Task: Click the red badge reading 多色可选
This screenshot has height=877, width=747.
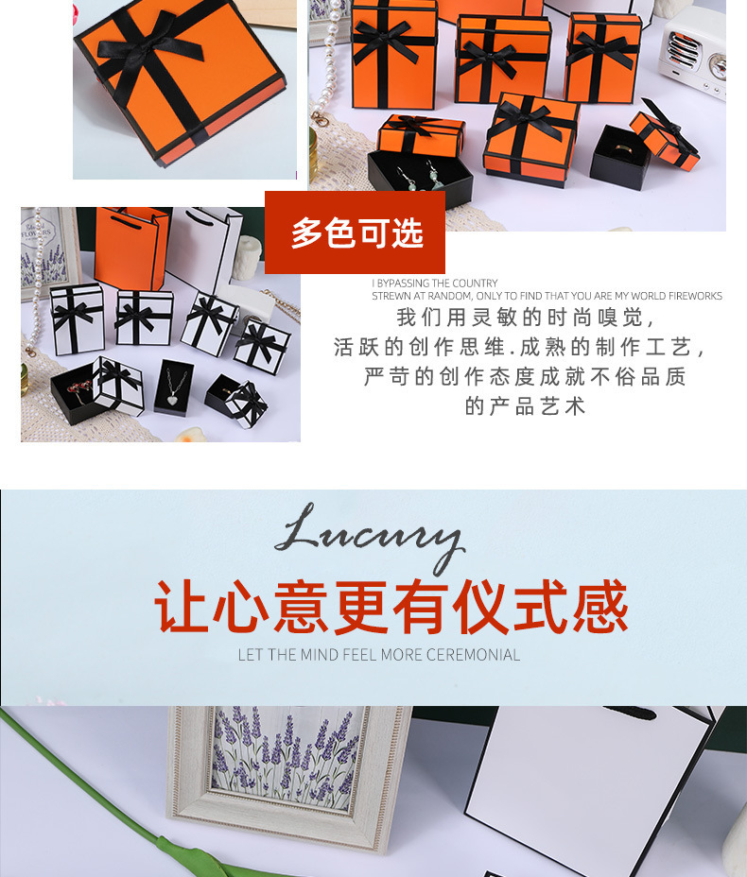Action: pyautogui.click(x=356, y=233)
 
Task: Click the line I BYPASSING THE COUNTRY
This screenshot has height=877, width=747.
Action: pyautogui.click(x=435, y=284)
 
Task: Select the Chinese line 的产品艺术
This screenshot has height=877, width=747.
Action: pyautogui.click(x=525, y=406)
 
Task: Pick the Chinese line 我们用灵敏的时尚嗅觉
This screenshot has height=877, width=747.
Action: pyautogui.click(x=525, y=318)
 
